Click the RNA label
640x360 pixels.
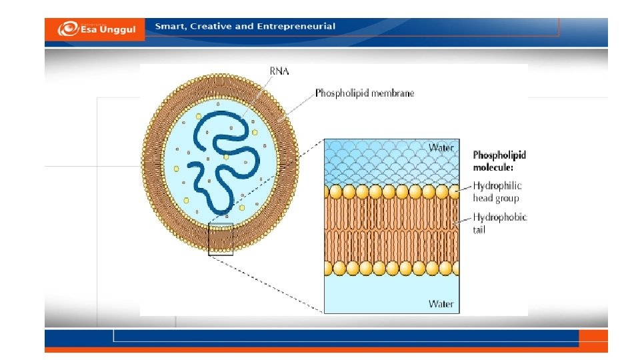pos(279,71)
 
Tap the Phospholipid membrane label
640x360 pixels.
pos(364,93)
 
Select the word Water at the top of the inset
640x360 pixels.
pos(441,147)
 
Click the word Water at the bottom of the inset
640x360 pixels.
pos(441,304)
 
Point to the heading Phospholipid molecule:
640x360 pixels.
pos(499,160)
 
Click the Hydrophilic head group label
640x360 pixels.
pos(497,192)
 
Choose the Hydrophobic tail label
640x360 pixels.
pos(500,223)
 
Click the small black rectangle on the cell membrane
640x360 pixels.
pos(221,239)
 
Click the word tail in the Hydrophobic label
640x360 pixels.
pos(479,230)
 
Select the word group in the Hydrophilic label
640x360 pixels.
pos(505,198)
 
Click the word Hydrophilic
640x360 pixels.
pos(497,186)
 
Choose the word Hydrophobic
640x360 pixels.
pos(500,217)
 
